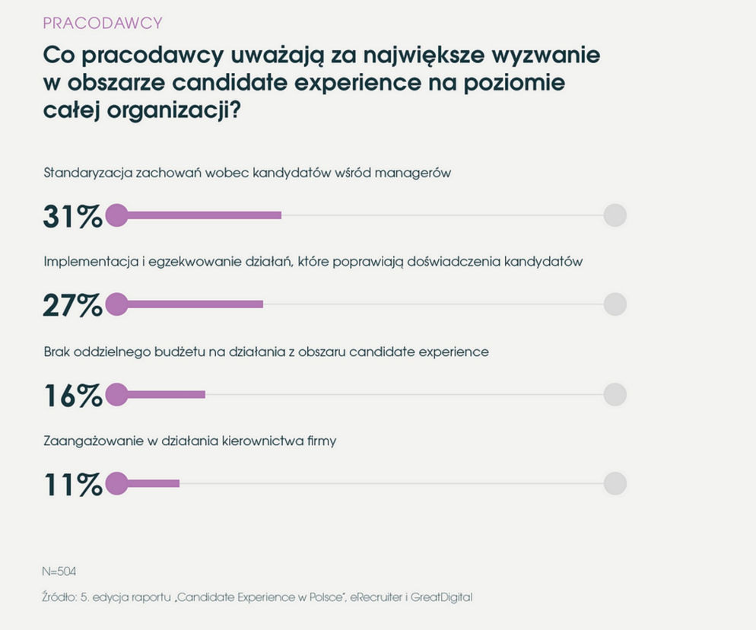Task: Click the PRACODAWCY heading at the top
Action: click(103, 23)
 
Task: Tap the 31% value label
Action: click(73, 216)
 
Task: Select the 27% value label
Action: click(73, 305)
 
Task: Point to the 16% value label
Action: click(73, 395)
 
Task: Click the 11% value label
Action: click(73, 485)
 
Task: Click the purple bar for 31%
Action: click(199, 215)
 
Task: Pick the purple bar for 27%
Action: click(190, 304)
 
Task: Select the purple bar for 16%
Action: click(161, 395)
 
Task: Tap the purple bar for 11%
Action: click(148, 483)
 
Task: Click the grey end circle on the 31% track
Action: click(615, 215)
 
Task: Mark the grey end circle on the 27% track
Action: click(615, 304)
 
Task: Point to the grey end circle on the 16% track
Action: click(615, 395)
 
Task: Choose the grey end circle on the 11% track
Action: click(615, 483)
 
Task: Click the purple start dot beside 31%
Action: click(116, 215)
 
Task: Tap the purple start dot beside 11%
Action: click(116, 483)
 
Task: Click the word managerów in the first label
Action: click(413, 173)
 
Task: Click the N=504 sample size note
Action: click(59, 571)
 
